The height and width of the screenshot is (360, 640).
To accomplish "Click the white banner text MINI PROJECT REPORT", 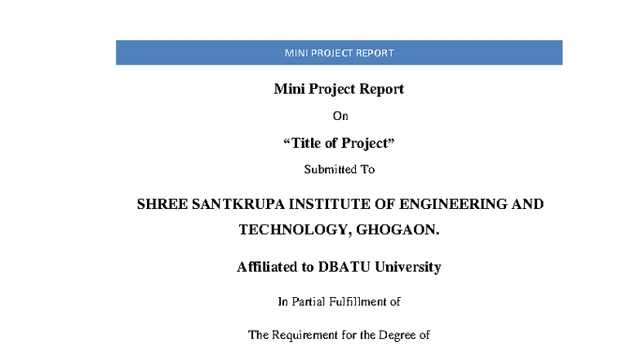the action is tap(340, 53).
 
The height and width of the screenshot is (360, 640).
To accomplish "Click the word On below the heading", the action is tap(340, 116).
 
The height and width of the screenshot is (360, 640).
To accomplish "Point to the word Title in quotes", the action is tap(306, 143).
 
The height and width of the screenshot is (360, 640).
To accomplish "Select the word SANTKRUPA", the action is tap(238, 204).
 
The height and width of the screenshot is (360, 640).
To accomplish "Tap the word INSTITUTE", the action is tap(330, 204).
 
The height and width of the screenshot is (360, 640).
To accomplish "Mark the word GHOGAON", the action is tap(398, 230).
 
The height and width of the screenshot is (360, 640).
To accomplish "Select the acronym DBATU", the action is tap(344, 267).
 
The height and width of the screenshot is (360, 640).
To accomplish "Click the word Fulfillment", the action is tap(358, 302).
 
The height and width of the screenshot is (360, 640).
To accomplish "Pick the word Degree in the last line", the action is tap(397, 335).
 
